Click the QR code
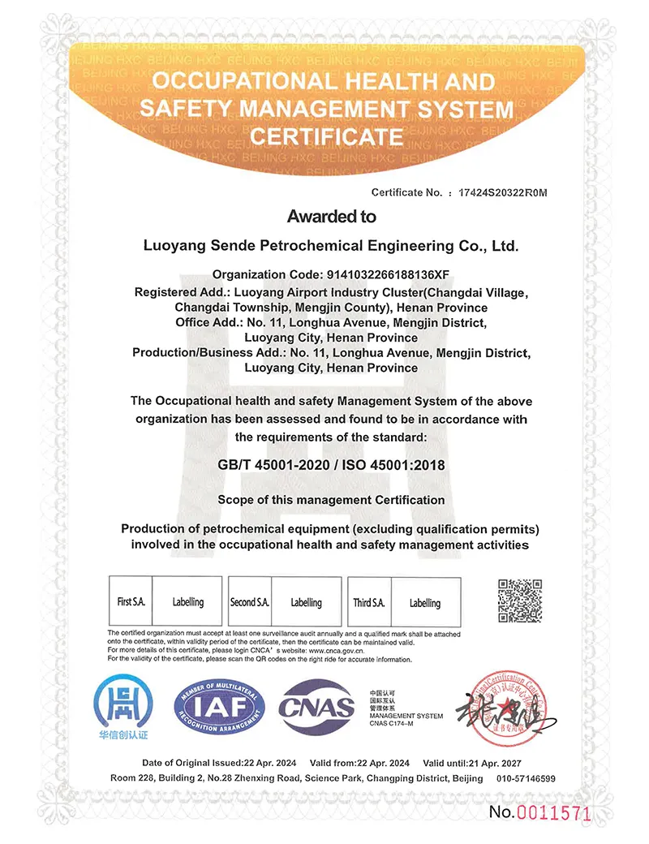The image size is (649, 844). (x=519, y=601)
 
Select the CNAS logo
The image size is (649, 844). (x=317, y=707)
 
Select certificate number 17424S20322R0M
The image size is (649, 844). (x=504, y=192)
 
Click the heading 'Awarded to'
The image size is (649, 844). (x=331, y=217)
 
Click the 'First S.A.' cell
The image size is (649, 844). (x=130, y=602)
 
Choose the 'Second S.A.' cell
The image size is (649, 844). (x=249, y=602)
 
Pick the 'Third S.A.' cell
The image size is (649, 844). (x=368, y=602)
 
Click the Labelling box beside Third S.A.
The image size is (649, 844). (x=425, y=603)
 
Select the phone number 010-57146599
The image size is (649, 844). (x=526, y=778)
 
